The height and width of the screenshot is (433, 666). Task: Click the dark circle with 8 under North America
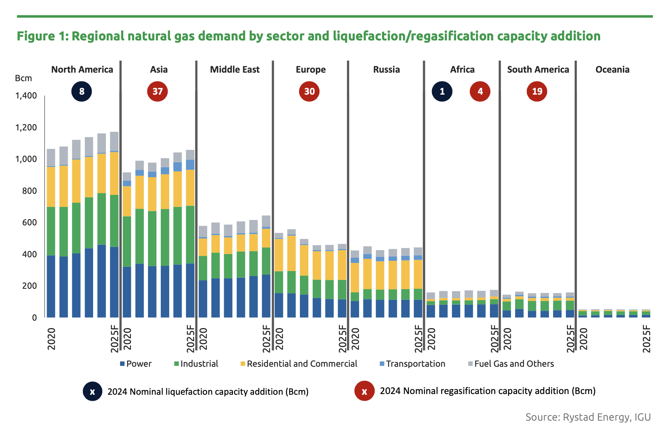click(x=82, y=91)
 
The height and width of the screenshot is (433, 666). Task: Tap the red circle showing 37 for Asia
click(x=158, y=91)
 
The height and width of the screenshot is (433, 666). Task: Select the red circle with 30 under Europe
click(x=309, y=91)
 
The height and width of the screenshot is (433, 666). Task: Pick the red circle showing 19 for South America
click(x=537, y=91)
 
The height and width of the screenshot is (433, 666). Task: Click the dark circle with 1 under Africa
click(x=442, y=91)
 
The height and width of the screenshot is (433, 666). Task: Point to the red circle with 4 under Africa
click(x=480, y=91)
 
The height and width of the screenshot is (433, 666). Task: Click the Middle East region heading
click(x=235, y=69)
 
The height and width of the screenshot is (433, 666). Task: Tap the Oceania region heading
click(x=612, y=69)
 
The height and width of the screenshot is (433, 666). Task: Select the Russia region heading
click(x=386, y=69)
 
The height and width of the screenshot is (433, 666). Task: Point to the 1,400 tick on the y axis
click(x=26, y=96)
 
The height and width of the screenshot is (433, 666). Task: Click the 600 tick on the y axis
click(x=30, y=223)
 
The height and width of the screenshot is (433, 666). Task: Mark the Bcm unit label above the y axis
click(x=23, y=78)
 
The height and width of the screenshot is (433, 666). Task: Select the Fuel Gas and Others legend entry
click(x=511, y=364)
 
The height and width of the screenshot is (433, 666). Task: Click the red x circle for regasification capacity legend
click(x=364, y=391)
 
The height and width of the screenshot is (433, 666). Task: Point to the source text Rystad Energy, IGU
click(x=588, y=417)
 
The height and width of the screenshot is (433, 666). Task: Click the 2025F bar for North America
click(x=114, y=227)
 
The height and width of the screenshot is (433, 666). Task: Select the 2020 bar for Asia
click(x=127, y=248)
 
